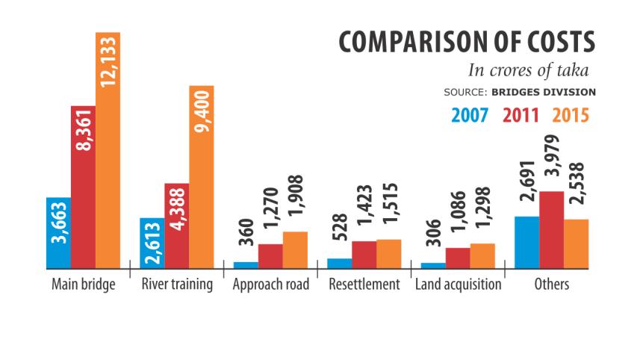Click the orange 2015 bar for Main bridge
pos(108,149)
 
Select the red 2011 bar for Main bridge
pos(83,186)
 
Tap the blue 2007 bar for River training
pos(152,242)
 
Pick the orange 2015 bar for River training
pos(201,176)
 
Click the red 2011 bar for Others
pos(551,229)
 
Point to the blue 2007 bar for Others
pos(526,241)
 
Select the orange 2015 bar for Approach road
pos(295,249)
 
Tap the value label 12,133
pos(108,60)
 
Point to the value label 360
pos(247,232)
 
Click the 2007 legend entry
pos(470,116)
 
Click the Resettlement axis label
pos(364,285)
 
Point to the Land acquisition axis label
pos(458,285)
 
